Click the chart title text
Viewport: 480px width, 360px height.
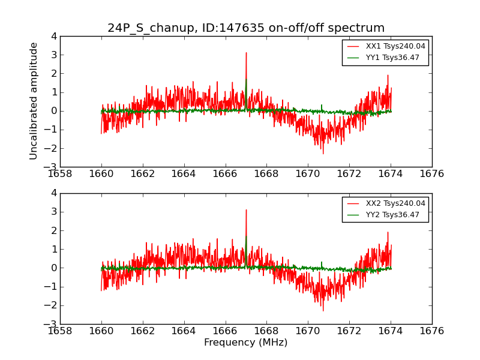tap(246, 28)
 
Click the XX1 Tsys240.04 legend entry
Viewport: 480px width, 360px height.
tap(395, 46)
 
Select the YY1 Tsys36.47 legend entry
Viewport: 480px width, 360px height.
tap(393, 58)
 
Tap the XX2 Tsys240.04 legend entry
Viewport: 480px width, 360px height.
tap(395, 203)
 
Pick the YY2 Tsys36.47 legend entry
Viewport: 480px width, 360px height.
tap(393, 215)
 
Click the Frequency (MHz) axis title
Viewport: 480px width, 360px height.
tap(246, 343)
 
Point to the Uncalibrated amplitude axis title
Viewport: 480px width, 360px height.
tap(34, 101)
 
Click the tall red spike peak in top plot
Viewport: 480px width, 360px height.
tap(246, 53)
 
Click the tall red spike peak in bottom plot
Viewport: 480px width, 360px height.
tap(246, 210)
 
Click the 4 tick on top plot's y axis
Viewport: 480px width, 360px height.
tap(54, 36)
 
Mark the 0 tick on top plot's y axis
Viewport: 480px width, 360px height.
tap(54, 111)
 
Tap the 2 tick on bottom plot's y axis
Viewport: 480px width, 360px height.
tap(54, 230)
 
